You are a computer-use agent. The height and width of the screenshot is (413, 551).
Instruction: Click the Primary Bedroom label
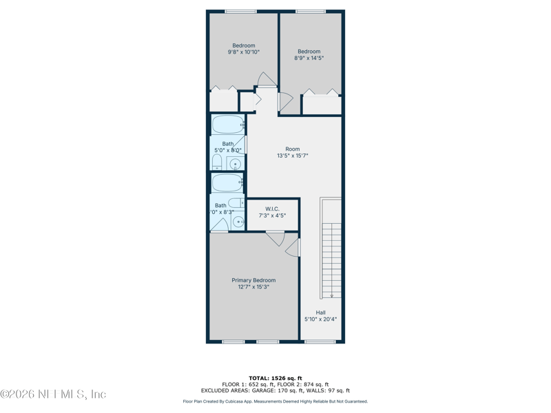tap(253, 280)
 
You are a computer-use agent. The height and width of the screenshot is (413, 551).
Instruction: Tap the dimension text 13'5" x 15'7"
tap(293, 156)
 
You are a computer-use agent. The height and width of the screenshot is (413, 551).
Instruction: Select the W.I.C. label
tap(272, 209)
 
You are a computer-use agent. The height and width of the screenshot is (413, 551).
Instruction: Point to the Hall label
tap(321, 313)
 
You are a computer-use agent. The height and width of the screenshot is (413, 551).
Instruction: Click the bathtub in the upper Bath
tap(227, 125)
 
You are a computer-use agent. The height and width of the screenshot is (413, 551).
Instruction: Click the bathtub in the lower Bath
tap(227, 182)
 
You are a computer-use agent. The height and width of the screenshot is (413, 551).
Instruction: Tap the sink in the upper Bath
tap(235, 165)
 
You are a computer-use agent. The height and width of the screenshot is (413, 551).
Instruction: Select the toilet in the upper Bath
tap(217, 162)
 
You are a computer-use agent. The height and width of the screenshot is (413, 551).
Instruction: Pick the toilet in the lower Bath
tap(236, 203)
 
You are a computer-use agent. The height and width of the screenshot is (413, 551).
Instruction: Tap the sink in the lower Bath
tap(238, 222)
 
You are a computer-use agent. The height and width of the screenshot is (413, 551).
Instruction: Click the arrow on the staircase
tap(331, 295)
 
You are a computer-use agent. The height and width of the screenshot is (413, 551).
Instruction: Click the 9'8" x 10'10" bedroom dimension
tap(244, 52)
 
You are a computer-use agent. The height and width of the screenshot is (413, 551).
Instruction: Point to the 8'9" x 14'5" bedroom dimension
tap(309, 59)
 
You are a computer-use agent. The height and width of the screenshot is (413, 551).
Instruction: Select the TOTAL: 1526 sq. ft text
tap(275, 378)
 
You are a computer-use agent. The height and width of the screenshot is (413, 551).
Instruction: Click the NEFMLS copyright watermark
tap(53, 394)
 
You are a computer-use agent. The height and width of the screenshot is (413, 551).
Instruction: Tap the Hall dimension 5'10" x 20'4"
tap(321, 319)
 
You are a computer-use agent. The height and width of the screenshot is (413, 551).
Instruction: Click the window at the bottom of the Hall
tap(320, 341)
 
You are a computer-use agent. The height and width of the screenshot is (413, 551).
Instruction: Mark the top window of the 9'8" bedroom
tap(240, 11)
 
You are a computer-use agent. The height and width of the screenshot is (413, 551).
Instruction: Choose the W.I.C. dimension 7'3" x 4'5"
tap(272, 215)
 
